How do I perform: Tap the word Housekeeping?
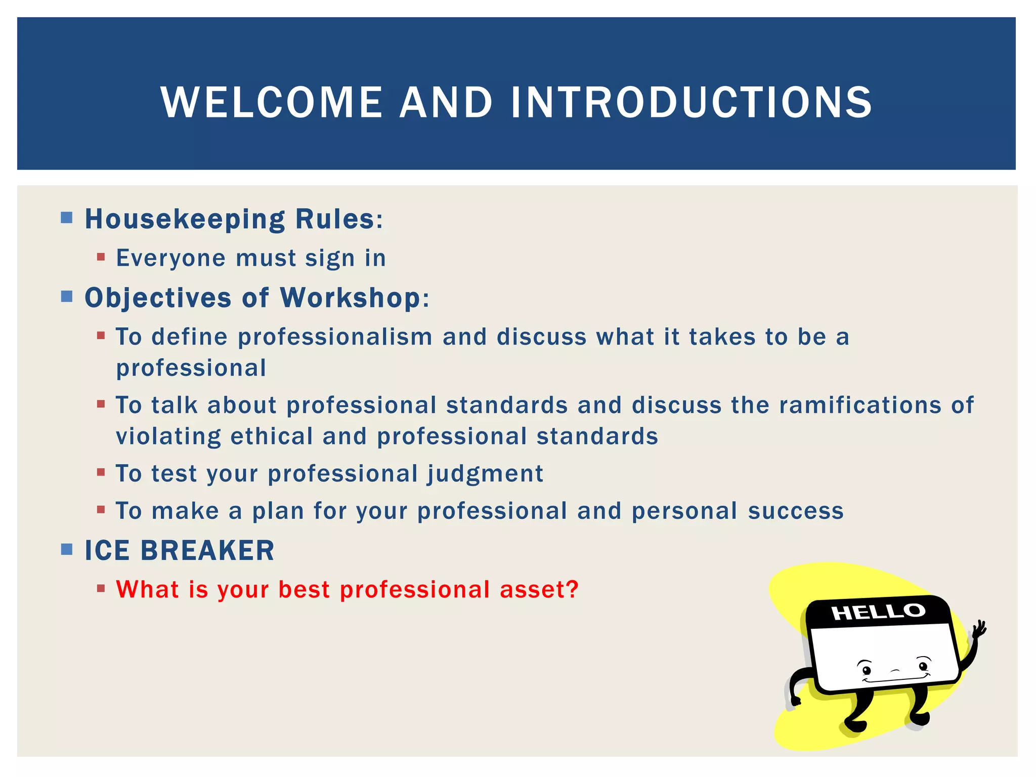tap(185, 220)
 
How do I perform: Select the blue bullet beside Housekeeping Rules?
tap(67, 218)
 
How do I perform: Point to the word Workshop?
tap(350, 297)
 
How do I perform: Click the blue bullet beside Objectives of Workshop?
tap(67, 296)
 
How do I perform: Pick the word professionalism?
tap(335, 337)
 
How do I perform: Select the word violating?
tap(168, 437)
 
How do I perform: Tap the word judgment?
tap(485, 474)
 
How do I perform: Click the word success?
tap(796, 511)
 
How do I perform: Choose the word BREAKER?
tap(207, 550)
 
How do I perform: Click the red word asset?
tap(539, 589)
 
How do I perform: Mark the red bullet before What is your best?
tap(101, 588)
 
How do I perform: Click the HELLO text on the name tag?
tap(878, 612)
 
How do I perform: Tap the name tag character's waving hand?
tap(979, 630)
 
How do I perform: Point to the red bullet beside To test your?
tap(101, 472)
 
